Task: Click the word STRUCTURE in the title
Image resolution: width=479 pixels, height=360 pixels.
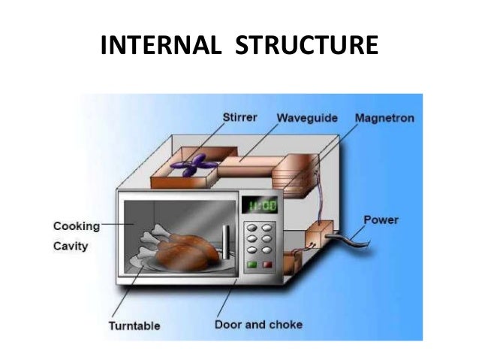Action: pyautogui.click(x=306, y=46)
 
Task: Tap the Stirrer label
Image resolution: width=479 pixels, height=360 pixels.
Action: pyautogui.click(x=242, y=118)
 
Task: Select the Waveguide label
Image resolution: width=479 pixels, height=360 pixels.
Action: pyautogui.click(x=307, y=118)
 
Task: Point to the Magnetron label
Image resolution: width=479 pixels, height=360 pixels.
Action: pyautogui.click(x=385, y=118)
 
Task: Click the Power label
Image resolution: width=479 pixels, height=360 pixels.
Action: pyautogui.click(x=381, y=220)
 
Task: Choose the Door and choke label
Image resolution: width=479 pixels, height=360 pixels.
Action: pyautogui.click(x=258, y=325)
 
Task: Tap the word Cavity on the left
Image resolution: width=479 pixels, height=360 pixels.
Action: pyautogui.click(x=71, y=245)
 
